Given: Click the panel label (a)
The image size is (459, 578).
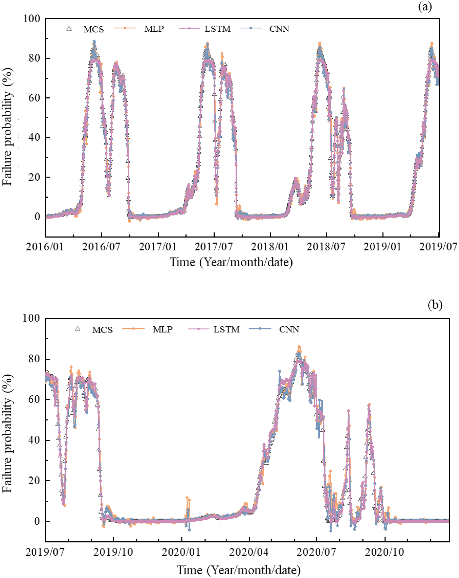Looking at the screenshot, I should click(x=425, y=7).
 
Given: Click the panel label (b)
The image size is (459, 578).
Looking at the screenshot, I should click(x=435, y=305).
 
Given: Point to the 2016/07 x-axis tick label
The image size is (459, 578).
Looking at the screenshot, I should click(x=101, y=247).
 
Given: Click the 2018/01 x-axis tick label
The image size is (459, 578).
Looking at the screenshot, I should click(x=270, y=247).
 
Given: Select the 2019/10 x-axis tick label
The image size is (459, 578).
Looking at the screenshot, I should click(x=113, y=552).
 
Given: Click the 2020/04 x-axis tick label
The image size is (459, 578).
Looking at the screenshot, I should click(x=249, y=552).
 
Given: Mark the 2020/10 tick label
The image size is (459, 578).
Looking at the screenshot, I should click(x=384, y=552).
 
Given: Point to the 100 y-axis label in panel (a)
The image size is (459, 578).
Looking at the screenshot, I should click(x=32, y=19).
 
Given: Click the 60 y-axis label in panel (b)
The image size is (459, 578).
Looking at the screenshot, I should click(x=34, y=399).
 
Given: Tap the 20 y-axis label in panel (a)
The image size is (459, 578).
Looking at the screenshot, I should click(x=34, y=177).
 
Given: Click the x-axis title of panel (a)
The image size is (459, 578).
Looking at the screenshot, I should click(x=231, y=262).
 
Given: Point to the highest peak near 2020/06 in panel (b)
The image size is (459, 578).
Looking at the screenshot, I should click(x=299, y=347).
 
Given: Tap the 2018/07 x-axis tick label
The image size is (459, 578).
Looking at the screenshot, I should click(x=326, y=247).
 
